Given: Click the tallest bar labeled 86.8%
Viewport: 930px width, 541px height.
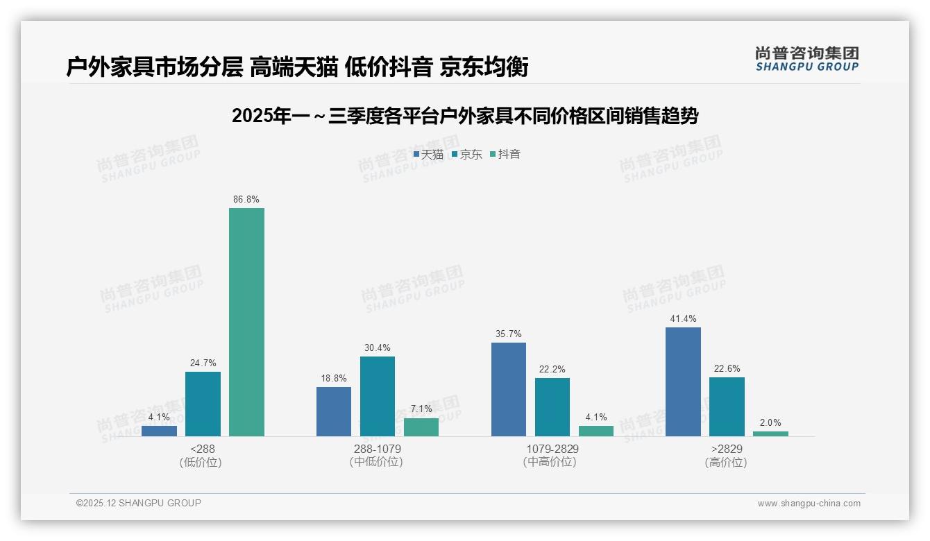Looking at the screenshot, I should [x=246, y=322].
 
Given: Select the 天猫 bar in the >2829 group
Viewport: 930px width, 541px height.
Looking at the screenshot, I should [x=683, y=381].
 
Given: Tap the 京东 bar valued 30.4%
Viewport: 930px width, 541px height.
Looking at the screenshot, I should [x=377, y=396].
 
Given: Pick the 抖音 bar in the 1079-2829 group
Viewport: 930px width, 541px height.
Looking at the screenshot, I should [x=596, y=431].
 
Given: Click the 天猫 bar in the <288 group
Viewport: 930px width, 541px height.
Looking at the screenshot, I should [x=159, y=431].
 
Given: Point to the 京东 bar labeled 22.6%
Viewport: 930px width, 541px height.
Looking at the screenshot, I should [x=727, y=406].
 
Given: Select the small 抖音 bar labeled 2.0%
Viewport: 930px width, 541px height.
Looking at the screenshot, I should [x=770, y=433].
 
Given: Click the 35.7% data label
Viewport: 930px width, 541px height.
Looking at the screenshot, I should [x=508, y=334].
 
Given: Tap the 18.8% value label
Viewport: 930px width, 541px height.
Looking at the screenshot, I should [x=333, y=378].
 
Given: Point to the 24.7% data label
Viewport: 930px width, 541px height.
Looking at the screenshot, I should [x=203, y=363].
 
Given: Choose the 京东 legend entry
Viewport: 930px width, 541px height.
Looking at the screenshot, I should [x=467, y=154].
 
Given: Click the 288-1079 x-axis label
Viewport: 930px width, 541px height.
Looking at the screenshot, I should [x=377, y=449].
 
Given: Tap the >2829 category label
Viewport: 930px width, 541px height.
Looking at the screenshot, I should [x=726, y=449].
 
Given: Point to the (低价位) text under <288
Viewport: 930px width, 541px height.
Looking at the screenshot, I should [x=201, y=462].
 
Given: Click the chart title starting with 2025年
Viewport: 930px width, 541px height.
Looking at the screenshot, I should [x=464, y=116].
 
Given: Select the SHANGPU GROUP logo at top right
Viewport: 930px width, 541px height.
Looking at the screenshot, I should [x=806, y=59].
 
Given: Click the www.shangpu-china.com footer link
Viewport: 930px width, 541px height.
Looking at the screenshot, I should [x=809, y=504].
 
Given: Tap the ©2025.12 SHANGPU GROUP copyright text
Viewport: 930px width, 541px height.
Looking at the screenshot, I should [x=138, y=504].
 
